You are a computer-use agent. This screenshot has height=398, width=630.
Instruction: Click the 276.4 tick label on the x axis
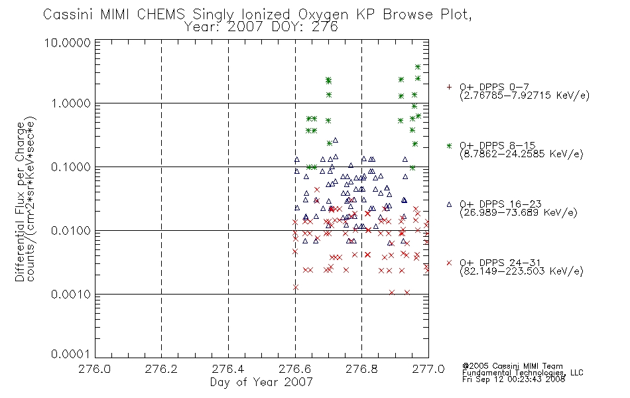click(228, 369)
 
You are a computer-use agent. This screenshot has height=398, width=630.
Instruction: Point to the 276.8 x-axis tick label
click(361, 369)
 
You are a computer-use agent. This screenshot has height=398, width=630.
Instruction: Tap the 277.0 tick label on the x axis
click(428, 369)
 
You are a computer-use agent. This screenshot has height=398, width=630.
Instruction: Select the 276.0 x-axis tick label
click(95, 369)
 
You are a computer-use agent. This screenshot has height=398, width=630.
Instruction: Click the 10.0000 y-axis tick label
click(68, 42)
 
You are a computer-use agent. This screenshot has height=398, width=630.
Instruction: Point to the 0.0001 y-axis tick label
click(70, 354)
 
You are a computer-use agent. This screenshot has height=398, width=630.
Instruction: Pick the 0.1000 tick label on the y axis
click(71, 167)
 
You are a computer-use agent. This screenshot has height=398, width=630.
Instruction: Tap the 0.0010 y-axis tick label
click(71, 295)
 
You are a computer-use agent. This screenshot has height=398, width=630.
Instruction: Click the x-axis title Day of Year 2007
click(261, 382)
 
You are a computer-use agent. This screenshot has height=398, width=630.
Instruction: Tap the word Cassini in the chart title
click(68, 15)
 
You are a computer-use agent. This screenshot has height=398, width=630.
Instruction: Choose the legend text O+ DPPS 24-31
click(500, 263)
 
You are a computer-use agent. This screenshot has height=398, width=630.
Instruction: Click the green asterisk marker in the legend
click(449, 146)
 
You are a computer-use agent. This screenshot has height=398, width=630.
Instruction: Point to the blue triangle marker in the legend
click(449, 204)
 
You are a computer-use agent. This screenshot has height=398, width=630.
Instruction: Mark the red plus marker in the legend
click(449, 87)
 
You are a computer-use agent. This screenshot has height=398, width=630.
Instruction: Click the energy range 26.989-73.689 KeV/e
click(519, 212)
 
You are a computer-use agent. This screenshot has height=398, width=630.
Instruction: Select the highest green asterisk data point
click(418, 67)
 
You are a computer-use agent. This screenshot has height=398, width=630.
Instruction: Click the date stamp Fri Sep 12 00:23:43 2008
click(513, 379)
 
